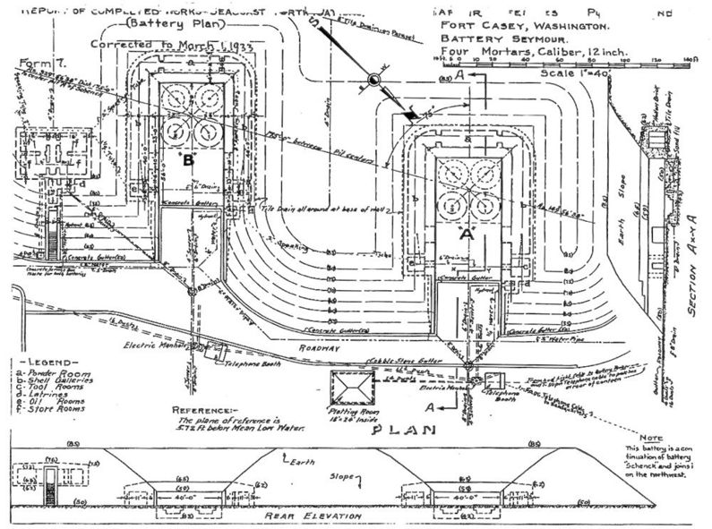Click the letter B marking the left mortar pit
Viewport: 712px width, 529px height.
pos(188,162)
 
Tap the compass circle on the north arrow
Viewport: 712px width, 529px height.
pos(375,82)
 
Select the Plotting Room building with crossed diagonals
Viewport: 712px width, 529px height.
pos(356,390)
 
